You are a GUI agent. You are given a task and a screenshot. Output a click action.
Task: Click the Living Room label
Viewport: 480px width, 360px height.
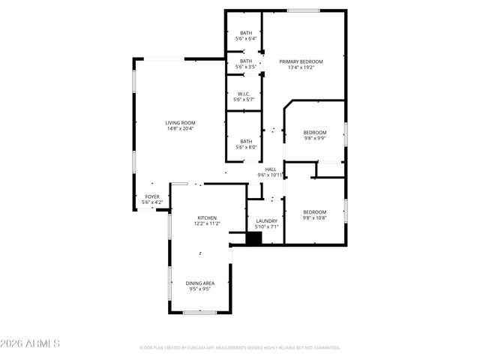coord(181,122)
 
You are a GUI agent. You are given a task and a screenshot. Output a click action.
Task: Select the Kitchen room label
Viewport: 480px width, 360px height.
coord(207,217)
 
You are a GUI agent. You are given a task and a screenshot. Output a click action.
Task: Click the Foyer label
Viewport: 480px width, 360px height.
coord(151,196)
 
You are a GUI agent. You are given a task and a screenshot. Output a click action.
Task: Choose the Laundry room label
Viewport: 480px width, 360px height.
coord(266,220)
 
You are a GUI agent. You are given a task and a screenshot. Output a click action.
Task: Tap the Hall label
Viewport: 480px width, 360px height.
coord(271,169)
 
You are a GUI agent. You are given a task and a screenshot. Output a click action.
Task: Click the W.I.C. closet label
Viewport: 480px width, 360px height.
coord(244,94)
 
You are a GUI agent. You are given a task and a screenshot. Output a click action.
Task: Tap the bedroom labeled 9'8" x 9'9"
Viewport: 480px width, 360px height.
coord(314,132)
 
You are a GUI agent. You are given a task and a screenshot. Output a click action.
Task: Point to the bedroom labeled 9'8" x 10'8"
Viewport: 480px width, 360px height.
coord(314,212)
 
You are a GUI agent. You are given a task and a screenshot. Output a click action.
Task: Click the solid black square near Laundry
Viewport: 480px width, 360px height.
coord(254,238)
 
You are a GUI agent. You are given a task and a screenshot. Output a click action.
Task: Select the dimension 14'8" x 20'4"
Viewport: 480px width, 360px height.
coord(181,128)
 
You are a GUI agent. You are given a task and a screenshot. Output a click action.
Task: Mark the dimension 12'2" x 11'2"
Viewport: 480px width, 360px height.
coord(207,223)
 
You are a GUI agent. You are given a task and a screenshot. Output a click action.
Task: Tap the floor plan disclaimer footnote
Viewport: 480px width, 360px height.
coord(240,348)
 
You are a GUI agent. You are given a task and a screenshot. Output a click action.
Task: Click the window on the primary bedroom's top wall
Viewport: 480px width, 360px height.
coord(301,10)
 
